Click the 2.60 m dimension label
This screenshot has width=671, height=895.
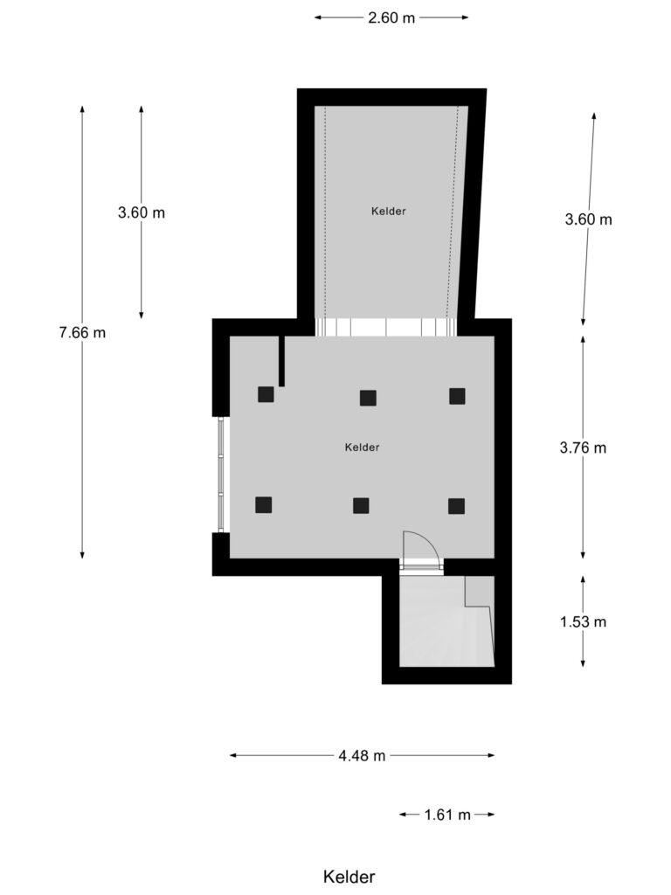[391, 17]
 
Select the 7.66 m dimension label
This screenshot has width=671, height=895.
[82, 332]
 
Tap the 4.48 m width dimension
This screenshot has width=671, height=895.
[362, 756]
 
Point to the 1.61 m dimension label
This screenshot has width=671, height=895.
[447, 815]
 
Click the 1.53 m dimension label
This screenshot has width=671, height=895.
[583, 622]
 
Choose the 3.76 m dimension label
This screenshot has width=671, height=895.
[583, 447]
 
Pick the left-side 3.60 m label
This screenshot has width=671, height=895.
[142, 212]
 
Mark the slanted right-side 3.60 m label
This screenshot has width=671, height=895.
[589, 219]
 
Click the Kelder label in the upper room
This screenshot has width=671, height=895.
[388, 211]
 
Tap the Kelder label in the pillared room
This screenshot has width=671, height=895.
[362, 447]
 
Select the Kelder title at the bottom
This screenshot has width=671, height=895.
[349, 877]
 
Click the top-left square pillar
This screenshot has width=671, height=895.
[266, 394]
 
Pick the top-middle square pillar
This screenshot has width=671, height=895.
[368, 398]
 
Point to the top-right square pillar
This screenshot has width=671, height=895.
[457, 396]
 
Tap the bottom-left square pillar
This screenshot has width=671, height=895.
[263, 504]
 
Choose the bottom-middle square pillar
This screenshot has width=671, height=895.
[361, 505]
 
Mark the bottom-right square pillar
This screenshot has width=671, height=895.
[456, 505]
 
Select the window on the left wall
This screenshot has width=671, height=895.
[222, 475]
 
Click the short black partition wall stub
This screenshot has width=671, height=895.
[281, 360]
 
